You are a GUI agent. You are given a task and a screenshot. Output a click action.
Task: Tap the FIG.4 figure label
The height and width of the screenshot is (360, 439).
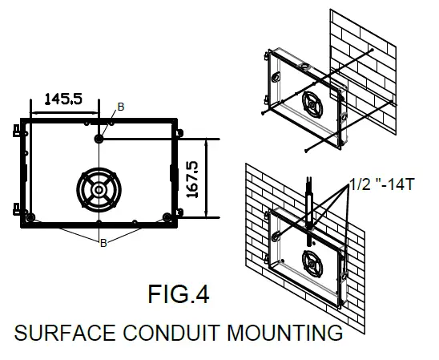point(178,294)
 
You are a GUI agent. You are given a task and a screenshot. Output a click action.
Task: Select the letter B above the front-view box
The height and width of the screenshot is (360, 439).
point(121,107)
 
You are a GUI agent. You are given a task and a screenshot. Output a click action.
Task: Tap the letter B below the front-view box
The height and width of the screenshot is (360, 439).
point(103,242)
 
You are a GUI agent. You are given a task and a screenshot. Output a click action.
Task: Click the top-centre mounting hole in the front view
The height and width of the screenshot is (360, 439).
point(99,139)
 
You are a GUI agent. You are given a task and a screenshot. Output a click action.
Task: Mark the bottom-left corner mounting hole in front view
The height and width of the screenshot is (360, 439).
point(30,216)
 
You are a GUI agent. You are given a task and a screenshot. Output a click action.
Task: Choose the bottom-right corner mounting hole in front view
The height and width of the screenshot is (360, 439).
point(167,216)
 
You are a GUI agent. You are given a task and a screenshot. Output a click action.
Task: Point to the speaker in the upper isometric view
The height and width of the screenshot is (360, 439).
point(312,105)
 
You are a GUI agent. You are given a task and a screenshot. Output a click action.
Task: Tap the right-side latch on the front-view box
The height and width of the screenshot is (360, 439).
point(174,172)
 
